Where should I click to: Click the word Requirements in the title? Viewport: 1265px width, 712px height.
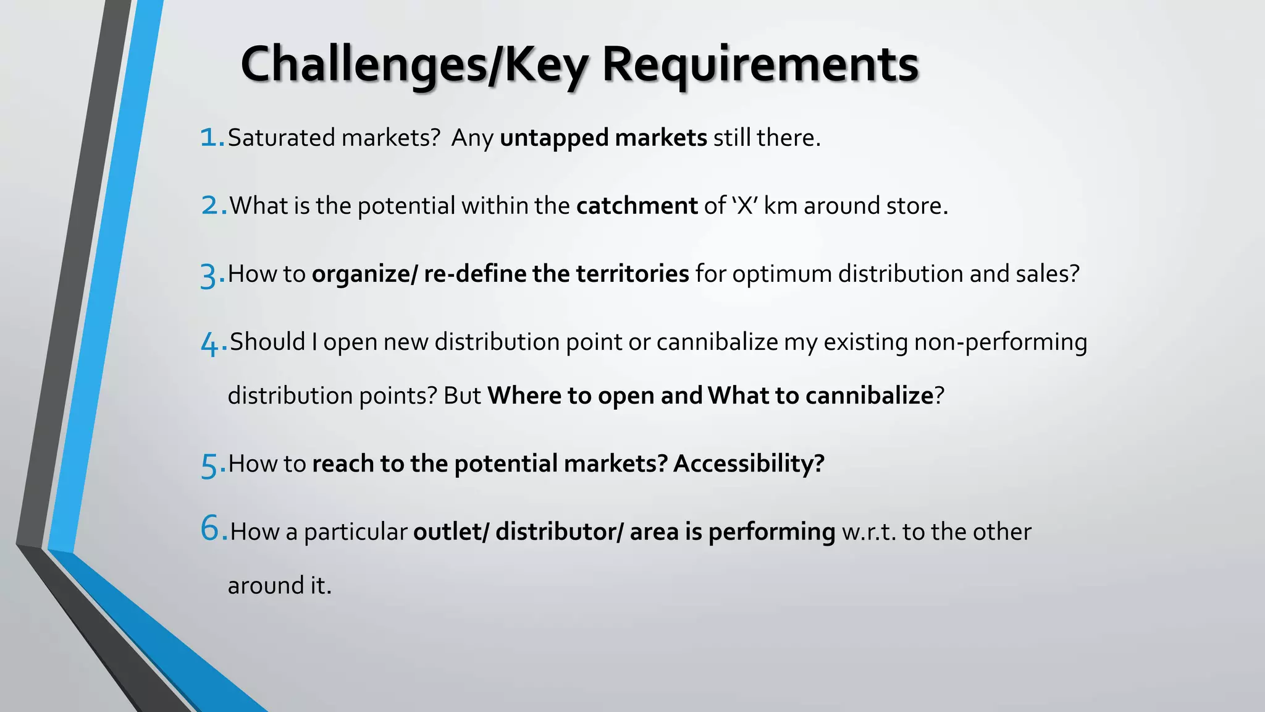(x=760, y=65)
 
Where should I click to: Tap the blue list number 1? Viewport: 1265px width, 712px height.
(x=210, y=137)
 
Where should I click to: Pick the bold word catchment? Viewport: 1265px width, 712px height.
(x=637, y=206)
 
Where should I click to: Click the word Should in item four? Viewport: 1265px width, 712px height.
(x=267, y=342)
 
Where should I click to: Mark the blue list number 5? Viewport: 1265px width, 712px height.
(x=210, y=465)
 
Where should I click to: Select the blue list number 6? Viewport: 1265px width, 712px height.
(x=211, y=529)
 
